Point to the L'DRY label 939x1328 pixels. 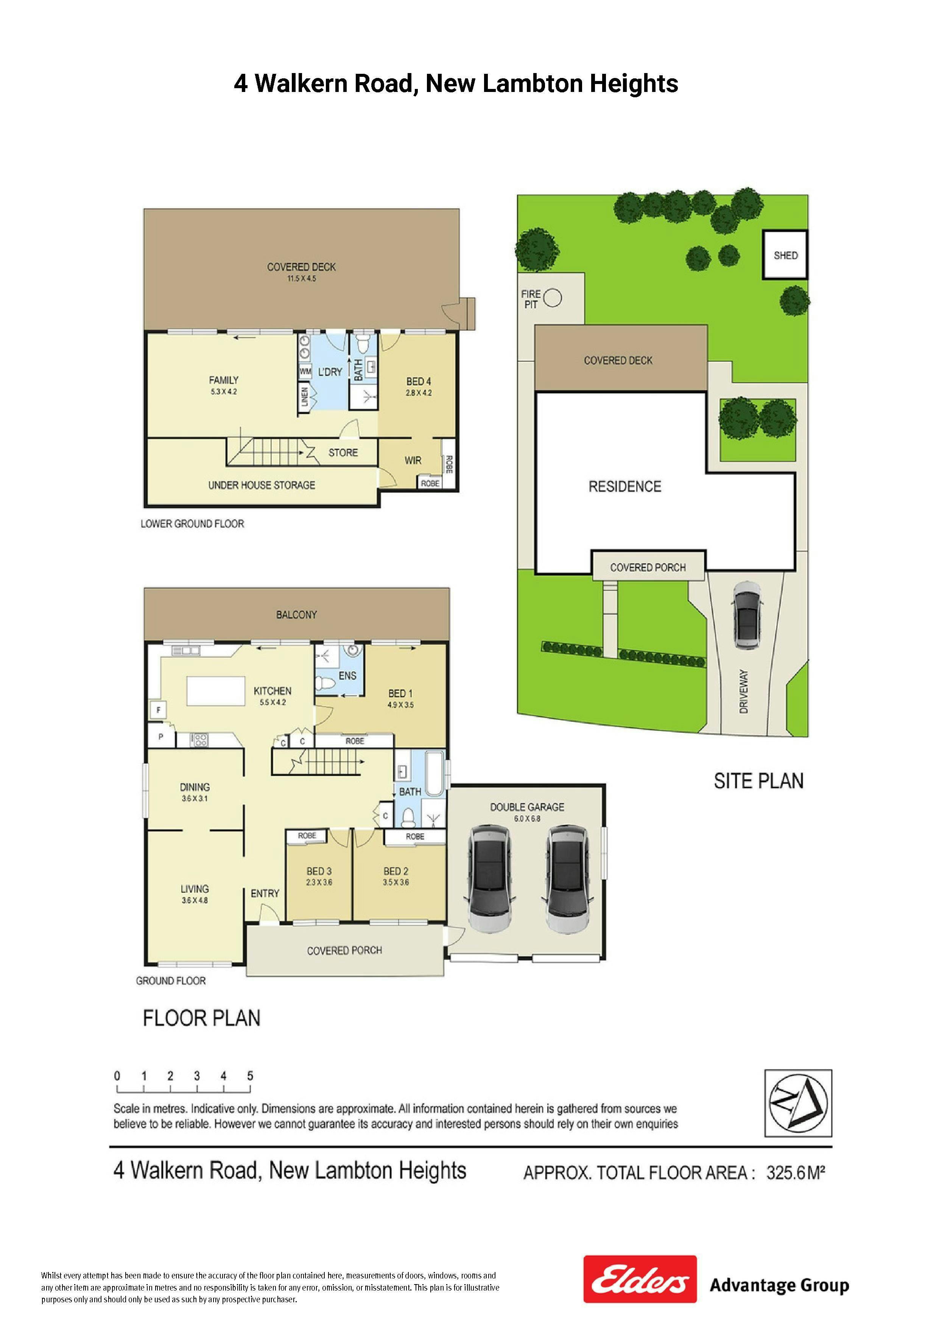(330, 372)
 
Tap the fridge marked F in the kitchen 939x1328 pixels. (158, 710)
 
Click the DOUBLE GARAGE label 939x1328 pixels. (527, 807)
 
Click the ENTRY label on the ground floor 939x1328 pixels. (265, 894)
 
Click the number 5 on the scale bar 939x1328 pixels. (250, 1076)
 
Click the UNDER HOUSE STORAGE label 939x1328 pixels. (262, 485)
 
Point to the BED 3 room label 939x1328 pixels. (319, 871)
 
